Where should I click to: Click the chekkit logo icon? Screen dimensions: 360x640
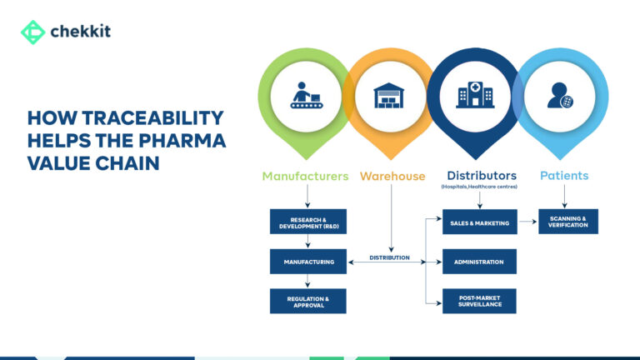pyautogui.click(x=32, y=32)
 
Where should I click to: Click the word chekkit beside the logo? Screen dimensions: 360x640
pyautogui.click(x=81, y=32)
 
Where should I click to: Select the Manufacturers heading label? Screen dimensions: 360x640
pyautogui.click(x=305, y=176)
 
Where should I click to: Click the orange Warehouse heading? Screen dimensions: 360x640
pyautogui.click(x=392, y=176)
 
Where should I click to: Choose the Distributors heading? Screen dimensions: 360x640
pyautogui.click(x=482, y=176)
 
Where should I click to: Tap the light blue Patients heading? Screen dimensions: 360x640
pyautogui.click(x=564, y=176)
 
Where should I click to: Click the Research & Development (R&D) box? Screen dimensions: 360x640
pyautogui.click(x=307, y=222)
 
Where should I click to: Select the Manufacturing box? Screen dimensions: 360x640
pyautogui.click(x=307, y=262)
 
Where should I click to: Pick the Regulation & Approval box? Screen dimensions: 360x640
pyautogui.click(x=307, y=301)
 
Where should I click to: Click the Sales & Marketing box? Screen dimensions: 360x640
pyautogui.click(x=479, y=222)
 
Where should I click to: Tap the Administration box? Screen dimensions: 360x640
pyautogui.click(x=479, y=262)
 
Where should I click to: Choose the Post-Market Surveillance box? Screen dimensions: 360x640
pyautogui.click(x=479, y=301)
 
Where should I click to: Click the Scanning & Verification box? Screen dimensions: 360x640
pyautogui.click(x=567, y=222)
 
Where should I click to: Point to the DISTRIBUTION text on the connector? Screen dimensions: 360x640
pyautogui.click(x=389, y=257)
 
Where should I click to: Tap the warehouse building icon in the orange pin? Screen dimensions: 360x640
pyautogui.click(x=389, y=94)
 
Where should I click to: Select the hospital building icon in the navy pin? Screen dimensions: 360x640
pyautogui.click(x=474, y=94)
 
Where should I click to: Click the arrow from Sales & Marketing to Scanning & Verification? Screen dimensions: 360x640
pyautogui.click(x=527, y=222)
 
